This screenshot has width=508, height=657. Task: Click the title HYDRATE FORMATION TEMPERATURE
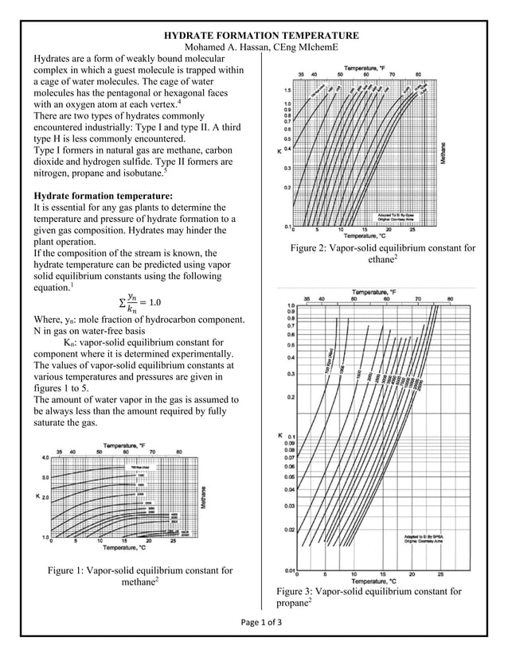coord(261,36)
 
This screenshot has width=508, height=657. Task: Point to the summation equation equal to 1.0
coord(139,302)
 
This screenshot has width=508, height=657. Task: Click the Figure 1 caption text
coord(140,576)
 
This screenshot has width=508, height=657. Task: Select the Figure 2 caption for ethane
coord(383,254)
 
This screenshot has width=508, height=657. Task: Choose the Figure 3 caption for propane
coord(369,597)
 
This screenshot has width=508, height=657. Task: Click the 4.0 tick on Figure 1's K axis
coord(45,458)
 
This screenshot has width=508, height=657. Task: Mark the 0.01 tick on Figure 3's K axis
coord(291,570)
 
